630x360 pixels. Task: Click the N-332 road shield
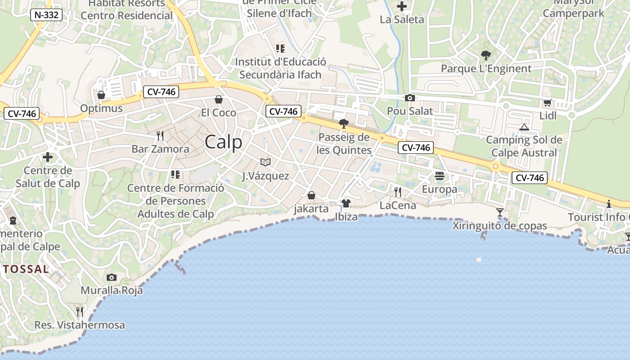(46, 15)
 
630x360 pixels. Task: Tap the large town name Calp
(223, 142)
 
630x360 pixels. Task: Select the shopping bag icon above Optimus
(101, 95)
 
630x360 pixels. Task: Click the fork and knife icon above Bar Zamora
(160, 135)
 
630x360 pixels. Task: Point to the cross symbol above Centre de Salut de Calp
(47, 157)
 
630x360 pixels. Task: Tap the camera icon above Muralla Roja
(111, 277)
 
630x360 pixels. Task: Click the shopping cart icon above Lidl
(547, 103)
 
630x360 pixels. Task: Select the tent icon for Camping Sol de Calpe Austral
(524, 127)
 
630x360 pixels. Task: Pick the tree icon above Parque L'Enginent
(486, 55)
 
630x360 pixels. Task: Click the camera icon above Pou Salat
(409, 98)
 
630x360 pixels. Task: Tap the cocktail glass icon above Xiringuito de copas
(499, 212)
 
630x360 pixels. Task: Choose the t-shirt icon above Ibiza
(346, 203)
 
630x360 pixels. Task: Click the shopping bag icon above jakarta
(311, 195)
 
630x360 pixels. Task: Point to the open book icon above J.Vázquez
(265, 162)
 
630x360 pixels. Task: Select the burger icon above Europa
(439, 176)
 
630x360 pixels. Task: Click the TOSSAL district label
(26, 269)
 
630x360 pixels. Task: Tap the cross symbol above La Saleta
(401, 6)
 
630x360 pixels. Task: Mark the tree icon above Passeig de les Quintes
(344, 123)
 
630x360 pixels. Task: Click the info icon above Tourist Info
(608, 204)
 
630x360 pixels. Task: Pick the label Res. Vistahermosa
(80, 325)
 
